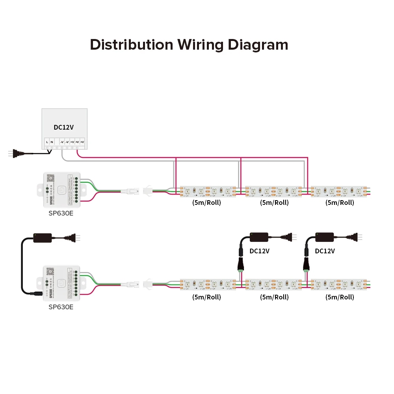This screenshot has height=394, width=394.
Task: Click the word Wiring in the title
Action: [201, 45]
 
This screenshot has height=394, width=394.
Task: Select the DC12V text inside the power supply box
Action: [64, 127]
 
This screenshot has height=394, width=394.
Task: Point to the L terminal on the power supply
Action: [47, 141]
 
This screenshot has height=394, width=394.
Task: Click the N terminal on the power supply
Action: [52, 141]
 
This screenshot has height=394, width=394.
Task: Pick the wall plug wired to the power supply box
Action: [13, 153]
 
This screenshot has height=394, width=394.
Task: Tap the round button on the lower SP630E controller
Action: [61, 282]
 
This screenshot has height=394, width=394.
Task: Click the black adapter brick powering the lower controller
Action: [43, 238]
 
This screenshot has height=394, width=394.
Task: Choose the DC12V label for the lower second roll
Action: [260, 251]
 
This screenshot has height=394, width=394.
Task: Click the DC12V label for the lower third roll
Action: [325, 251]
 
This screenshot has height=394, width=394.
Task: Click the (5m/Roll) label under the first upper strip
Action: [206, 203]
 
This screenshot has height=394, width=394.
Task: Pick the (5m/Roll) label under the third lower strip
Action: [340, 297]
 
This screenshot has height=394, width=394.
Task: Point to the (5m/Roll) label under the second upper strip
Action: [274, 203]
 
